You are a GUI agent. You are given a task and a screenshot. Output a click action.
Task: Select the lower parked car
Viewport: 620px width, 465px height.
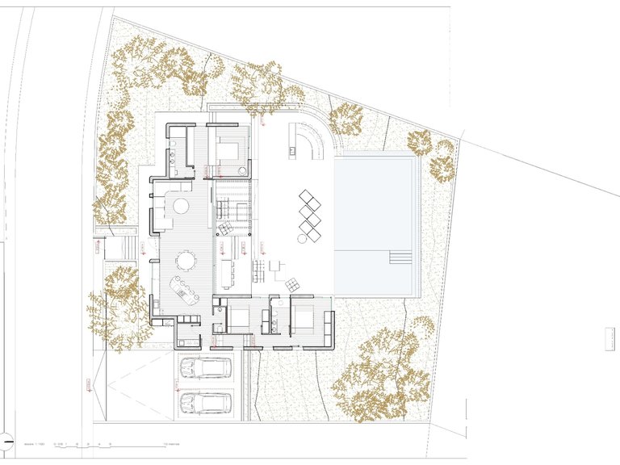point(206,401)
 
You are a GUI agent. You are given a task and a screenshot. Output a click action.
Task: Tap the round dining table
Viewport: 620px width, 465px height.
point(186,260)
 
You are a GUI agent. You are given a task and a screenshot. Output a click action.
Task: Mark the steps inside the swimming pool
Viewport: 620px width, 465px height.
point(401,258)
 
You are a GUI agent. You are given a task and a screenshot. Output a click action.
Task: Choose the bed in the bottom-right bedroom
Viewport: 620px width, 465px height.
point(304,320)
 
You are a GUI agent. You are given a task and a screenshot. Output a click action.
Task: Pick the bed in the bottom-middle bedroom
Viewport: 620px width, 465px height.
point(238,320)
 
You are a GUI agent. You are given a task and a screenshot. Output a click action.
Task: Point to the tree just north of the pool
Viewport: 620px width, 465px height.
point(347,119)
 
